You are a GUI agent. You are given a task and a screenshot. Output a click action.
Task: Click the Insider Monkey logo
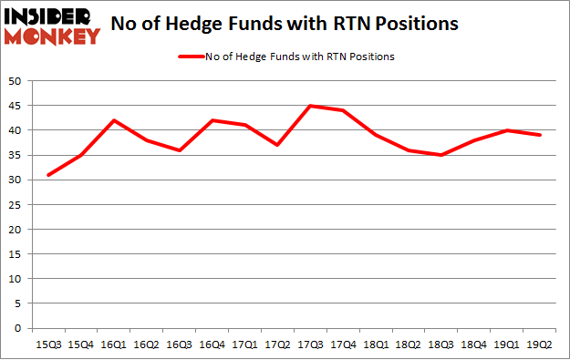coord(51,26)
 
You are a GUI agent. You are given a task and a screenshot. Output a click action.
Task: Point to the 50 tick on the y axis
coord(16,81)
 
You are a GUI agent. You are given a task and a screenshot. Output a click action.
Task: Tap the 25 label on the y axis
coord(16,205)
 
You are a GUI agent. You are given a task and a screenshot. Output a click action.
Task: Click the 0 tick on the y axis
coord(19,328)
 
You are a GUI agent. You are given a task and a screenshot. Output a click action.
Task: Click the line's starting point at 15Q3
coord(47,175)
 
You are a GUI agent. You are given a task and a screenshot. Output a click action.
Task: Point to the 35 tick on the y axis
coord(16,155)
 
